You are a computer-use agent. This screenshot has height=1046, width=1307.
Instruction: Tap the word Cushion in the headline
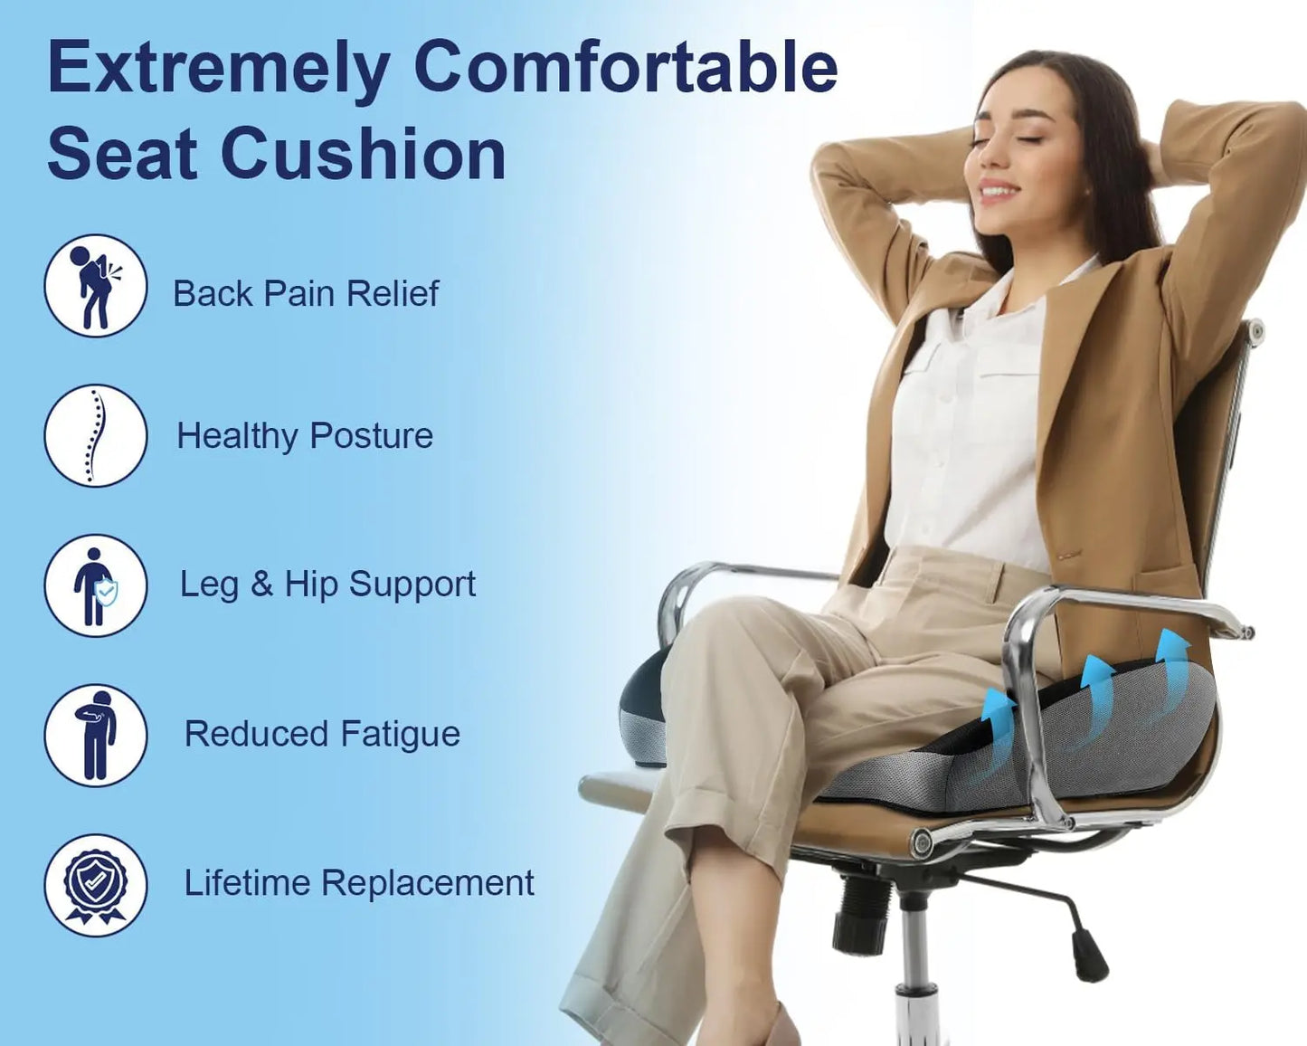[363, 154]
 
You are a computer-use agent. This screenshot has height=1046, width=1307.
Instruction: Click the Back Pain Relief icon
[95, 286]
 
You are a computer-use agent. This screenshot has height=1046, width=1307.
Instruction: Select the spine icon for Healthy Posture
[95, 435]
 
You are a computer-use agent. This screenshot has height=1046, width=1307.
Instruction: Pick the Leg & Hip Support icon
[95, 585]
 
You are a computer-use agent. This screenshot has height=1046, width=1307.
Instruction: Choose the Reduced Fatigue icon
[95, 735]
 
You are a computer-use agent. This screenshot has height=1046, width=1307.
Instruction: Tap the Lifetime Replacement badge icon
[95, 885]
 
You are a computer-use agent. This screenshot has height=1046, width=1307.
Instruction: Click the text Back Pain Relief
[306, 293]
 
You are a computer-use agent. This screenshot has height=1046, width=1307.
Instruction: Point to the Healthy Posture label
[305, 436]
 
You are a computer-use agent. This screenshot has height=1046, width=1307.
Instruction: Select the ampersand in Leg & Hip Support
[261, 584]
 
